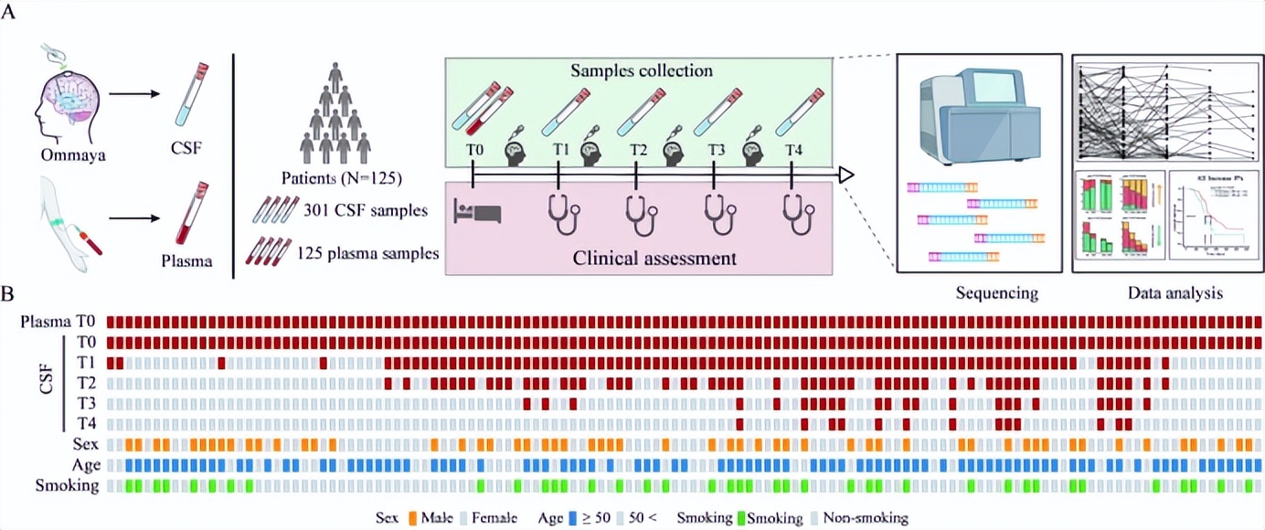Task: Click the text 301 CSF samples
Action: click(365, 211)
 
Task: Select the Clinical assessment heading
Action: click(654, 258)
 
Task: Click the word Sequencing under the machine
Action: click(996, 293)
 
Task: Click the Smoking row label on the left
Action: click(67, 485)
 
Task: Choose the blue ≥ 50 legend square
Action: click(577, 518)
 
